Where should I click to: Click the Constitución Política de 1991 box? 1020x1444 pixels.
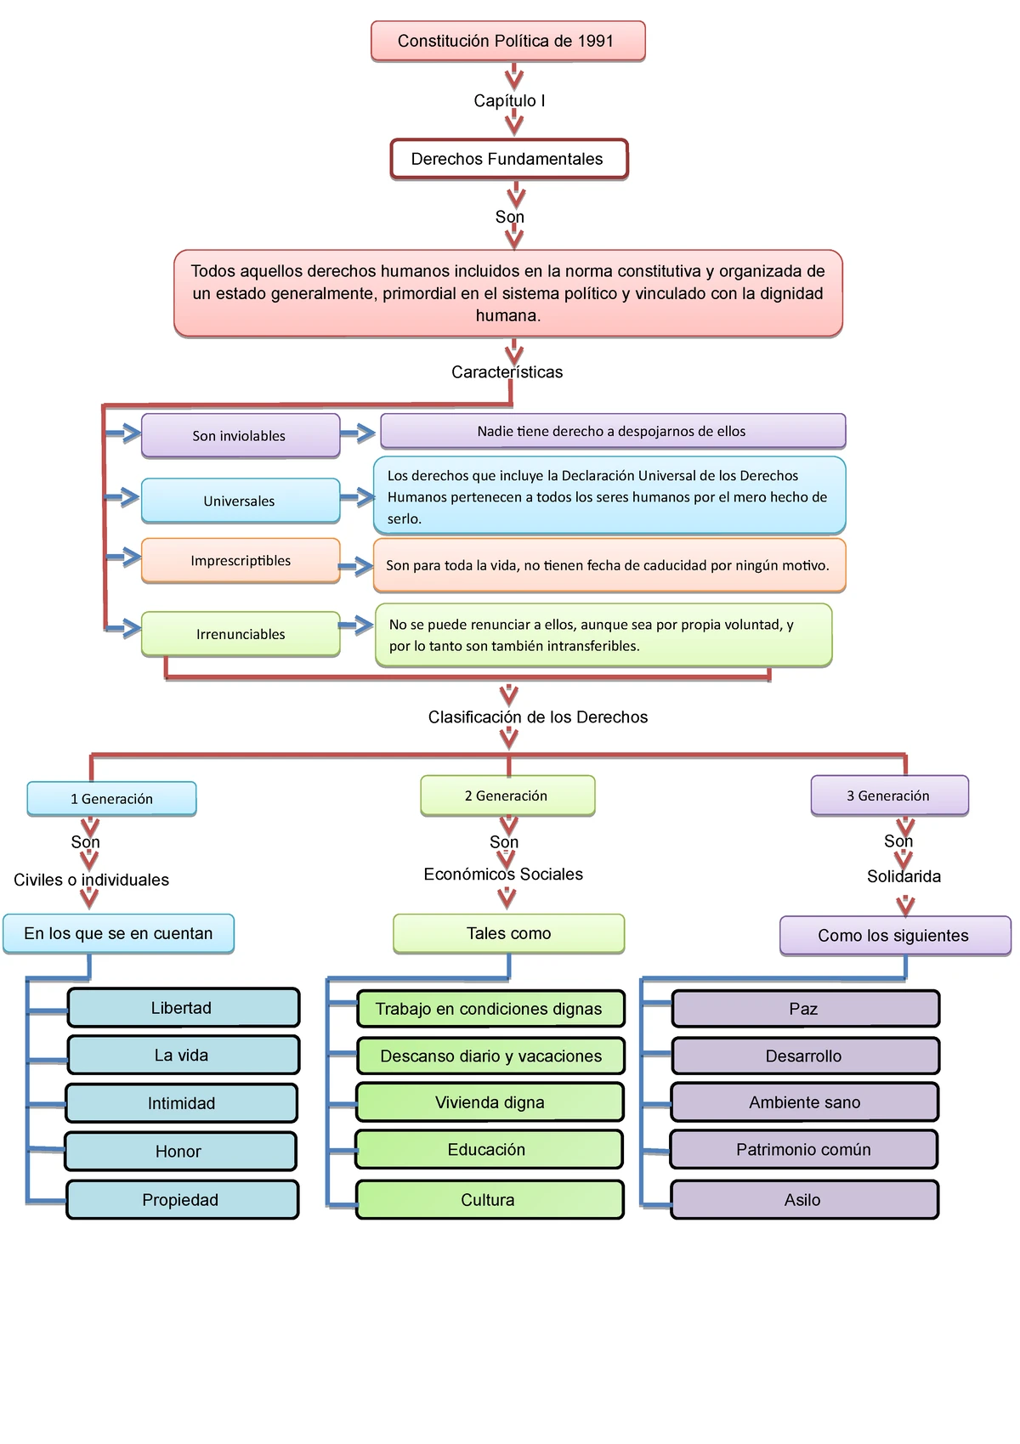click(507, 41)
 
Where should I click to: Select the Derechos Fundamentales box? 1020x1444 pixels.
click(508, 159)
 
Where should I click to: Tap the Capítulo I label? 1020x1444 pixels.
click(509, 100)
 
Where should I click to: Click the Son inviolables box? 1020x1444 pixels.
click(240, 435)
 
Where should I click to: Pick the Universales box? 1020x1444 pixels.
click(240, 501)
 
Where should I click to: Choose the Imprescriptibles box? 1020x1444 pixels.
click(240, 560)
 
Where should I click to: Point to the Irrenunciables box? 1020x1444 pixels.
click(240, 634)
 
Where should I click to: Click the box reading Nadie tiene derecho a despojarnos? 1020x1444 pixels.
click(612, 431)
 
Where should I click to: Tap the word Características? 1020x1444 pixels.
click(507, 371)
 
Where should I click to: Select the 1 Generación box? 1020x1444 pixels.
click(111, 799)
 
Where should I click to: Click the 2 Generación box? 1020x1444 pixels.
click(507, 796)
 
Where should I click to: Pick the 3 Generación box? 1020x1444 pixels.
click(888, 796)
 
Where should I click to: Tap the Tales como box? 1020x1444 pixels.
click(508, 933)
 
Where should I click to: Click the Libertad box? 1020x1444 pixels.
click(182, 1008)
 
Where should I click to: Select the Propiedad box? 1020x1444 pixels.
click(181, 1199)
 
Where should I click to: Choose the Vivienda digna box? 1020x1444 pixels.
click(490, 1102)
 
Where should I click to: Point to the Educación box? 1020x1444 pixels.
click(488, 1149)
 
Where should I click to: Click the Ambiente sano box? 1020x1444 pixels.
click(804, 1102)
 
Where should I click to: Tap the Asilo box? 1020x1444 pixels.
click(803, 1199)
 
